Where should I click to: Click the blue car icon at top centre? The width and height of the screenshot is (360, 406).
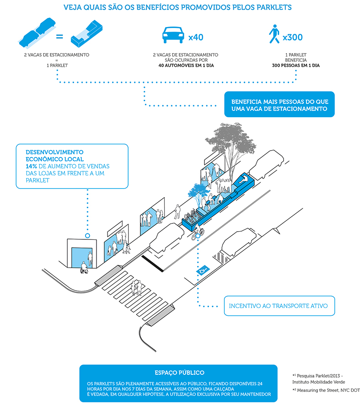pos(173,34)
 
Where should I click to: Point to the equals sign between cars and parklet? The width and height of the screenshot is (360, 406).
pos(59,36)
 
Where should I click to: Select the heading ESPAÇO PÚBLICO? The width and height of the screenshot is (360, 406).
pos(178,373)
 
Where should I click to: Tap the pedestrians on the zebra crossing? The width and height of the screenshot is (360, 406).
pos(136,287)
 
